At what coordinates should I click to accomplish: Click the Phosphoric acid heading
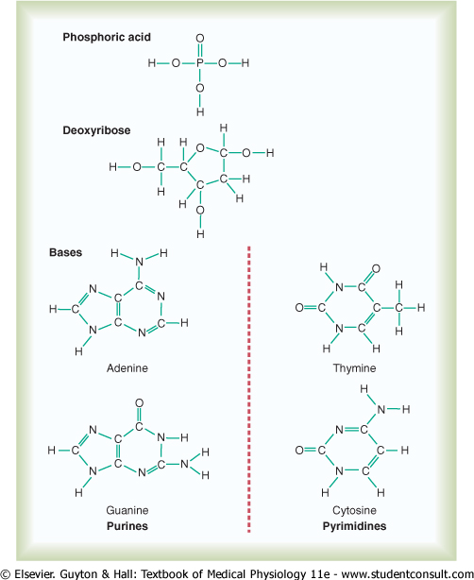pyautogui.click(x=107, y=38)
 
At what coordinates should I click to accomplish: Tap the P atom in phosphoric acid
pyautogui.click(x=200, y=63)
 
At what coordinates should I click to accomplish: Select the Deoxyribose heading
pyautogui.click(x=96, y=130)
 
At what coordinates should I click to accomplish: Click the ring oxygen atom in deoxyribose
pyautogui.click(x=200, y=148)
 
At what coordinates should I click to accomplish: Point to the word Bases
pyautogui.click(x=65, y=252)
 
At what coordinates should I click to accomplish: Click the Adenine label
pyautogui.click(x=127, y=368)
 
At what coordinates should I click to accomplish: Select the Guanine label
pyautogui.click(x=127, y=510)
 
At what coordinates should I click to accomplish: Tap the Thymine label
pyautogui.click(x=354, y=368)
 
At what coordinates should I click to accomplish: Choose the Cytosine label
pyautogui.click(x=354, y=510)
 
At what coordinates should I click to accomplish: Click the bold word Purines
pyautogui.click(x=127, y=526)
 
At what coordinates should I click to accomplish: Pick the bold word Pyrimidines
pyautogui.click(x=354, y=526)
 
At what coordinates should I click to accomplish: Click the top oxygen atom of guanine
pyautogui.click(x=139, y=403)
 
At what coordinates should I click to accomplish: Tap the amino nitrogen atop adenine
pyautogui.click(x=139, y=262)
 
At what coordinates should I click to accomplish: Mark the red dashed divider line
pyautogui.click(x=249, y=389)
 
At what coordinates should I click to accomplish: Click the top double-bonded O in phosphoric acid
pyautogui.click(x=200, y=39)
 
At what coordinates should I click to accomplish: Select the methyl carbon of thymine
pyautogui.click(x=398, y=308)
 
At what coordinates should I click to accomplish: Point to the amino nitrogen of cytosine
pyautogui.click(x=381, y=409)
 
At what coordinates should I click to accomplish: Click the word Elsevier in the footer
pyautogui.click(x=34, y=574)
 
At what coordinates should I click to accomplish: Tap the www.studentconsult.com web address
pyautogui.click(x=408, y=574)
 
